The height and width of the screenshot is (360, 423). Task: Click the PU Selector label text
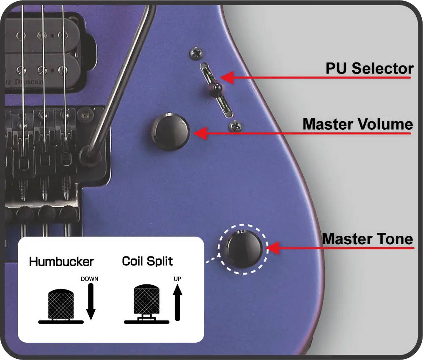click(369, 68)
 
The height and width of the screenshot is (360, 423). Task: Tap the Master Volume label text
click(357, 124)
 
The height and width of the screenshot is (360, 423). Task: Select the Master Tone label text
click(367, 239)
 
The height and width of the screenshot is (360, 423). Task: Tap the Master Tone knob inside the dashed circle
click(243, 248)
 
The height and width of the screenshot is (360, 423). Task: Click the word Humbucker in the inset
click(61, 262)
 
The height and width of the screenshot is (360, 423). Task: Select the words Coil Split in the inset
click(147, 261)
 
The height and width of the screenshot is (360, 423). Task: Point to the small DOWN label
click(89, 279)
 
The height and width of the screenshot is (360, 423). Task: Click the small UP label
click(177, 279)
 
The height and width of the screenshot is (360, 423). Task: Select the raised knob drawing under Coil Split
click(146, 300)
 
